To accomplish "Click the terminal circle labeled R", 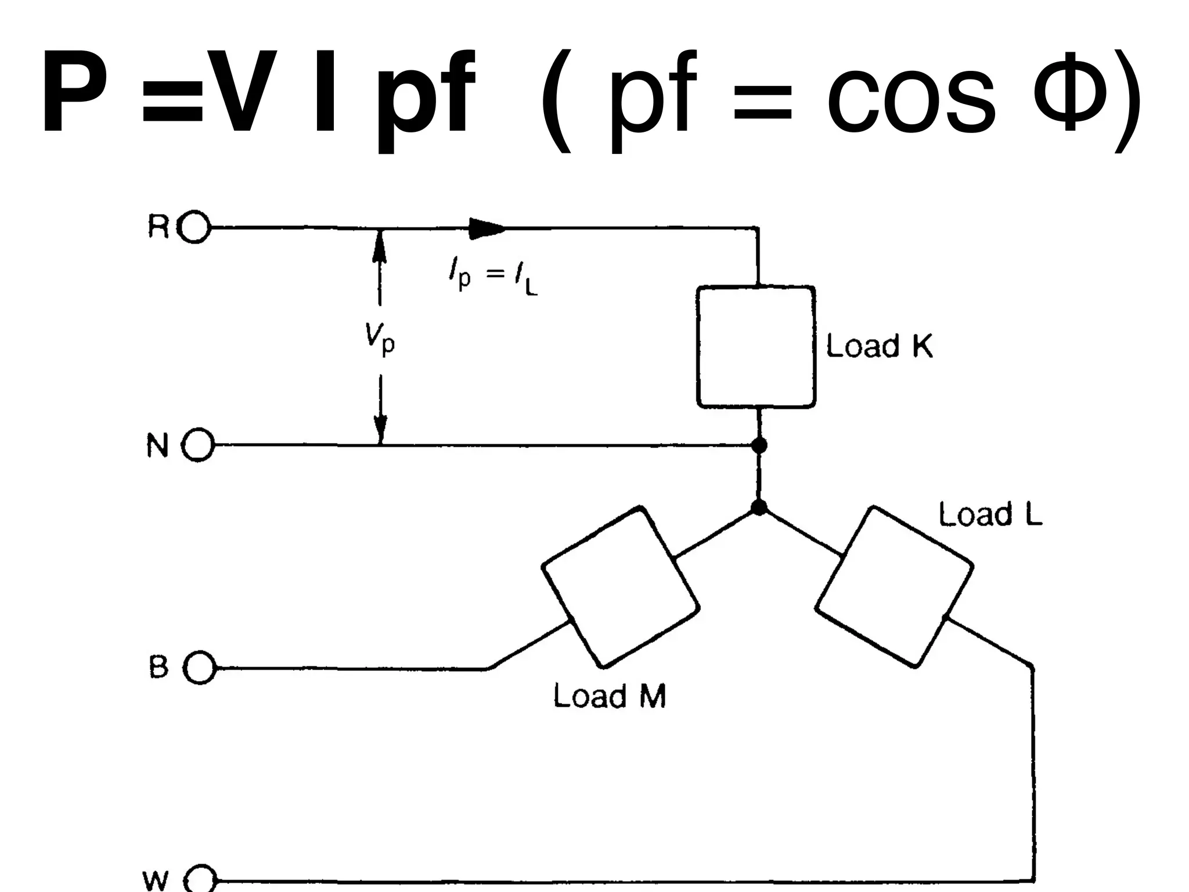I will [194, 228].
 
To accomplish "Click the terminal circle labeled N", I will [198, 445].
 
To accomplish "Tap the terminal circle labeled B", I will [199, 668].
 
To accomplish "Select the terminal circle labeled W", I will [201, 882].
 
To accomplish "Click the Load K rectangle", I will [756, 347].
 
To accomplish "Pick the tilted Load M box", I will [620, 586].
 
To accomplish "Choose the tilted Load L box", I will [894, 586].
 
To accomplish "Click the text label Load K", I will [880, 346].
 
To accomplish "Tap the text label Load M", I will [609, 695].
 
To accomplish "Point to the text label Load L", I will [990, 515].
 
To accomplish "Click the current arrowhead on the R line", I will [487, 228].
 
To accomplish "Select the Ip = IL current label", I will [493, 278].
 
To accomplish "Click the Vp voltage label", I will [380, 339].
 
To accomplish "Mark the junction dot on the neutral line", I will [759, 445].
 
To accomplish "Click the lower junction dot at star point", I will [759, 508].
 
